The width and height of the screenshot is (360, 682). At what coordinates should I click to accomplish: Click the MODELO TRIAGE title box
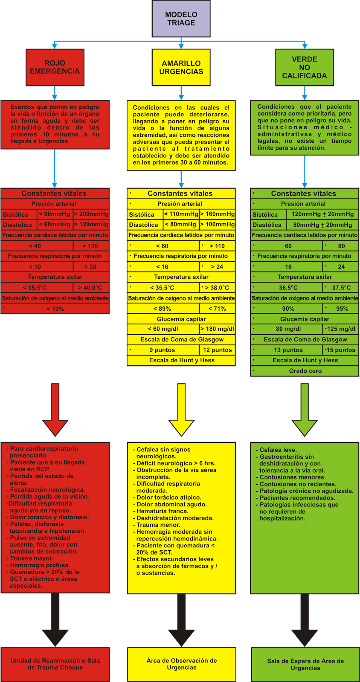[x=181, y=19]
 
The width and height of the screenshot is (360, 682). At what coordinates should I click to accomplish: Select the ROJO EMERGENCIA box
[x=55, y=67]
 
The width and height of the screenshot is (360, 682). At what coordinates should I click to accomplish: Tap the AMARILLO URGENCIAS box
[x=181, y=67]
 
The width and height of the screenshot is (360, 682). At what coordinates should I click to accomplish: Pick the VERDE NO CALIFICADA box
[x=304, y=67]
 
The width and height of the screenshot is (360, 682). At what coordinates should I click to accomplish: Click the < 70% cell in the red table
[x=55, y=309]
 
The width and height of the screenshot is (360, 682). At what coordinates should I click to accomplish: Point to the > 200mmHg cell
[x=91, y=214]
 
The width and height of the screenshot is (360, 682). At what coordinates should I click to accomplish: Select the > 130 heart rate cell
[x=90, y=246]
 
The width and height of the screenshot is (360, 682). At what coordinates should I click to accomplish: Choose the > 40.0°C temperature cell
[x=90, y=288]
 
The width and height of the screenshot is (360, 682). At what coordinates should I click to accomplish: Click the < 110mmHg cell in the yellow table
[x=181, y=214]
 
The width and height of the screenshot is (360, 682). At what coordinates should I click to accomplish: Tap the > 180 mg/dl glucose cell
[x=217, y=329]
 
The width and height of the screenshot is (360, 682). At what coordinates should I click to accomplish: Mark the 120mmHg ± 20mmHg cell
[x=322, y=214]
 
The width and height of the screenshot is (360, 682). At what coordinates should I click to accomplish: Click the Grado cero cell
[x=305, y=371]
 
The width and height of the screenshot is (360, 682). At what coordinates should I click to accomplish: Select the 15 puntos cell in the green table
[x=340, y=350]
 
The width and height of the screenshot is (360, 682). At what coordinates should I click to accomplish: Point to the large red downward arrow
[x=55, y=409]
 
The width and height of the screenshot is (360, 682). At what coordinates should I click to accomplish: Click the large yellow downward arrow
[x=181, y=409]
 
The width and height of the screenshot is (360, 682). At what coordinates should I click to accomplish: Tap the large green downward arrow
[x=305, y=409]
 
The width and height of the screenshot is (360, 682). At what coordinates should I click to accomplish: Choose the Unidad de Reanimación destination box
[x=55, y=664]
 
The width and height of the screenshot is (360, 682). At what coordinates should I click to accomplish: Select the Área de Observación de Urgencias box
[x=181, y=664]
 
